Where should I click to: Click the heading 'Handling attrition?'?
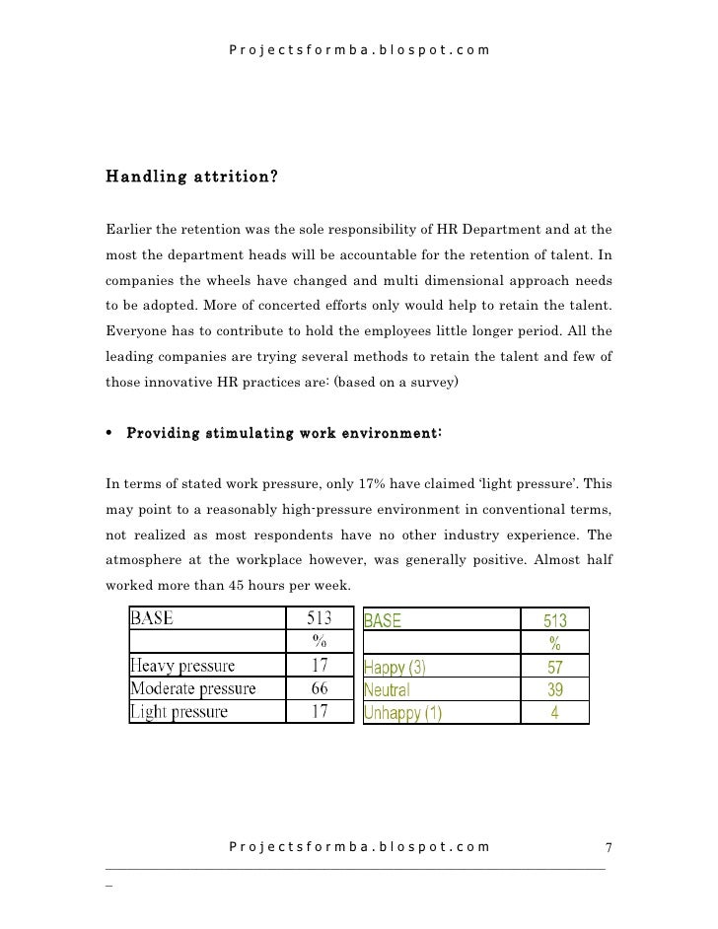click(191, 179)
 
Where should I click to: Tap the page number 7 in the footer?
click(609, 848)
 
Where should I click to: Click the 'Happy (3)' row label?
click(395, 667)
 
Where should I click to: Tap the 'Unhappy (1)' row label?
click(403, 711)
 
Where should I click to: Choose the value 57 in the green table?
click(555, 667)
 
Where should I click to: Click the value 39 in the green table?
click(555, 688)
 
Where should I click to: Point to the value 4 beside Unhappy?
click(555, 711)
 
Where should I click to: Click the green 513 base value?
click(555, 621)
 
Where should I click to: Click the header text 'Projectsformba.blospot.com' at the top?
click(358, 48)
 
